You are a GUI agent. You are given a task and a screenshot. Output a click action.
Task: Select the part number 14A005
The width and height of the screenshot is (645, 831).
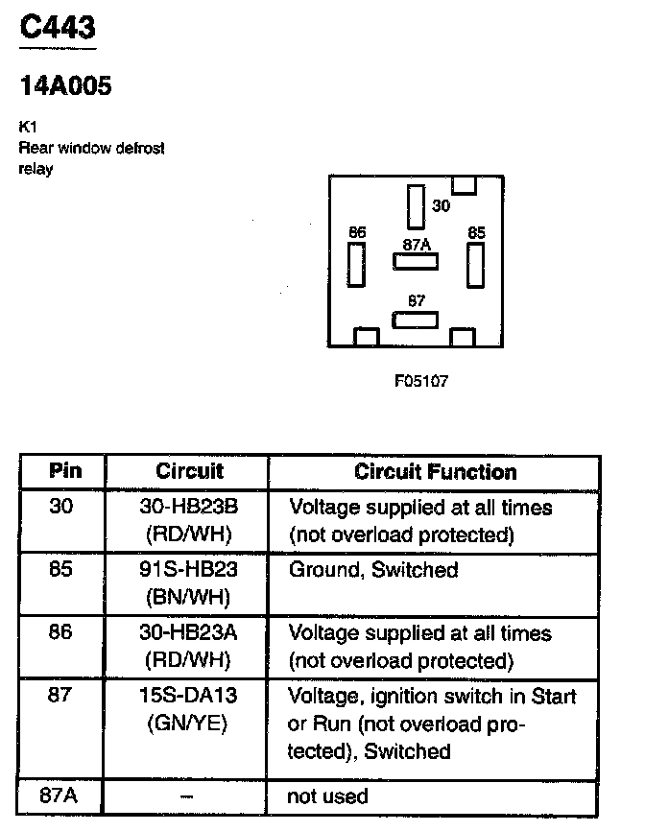(65, 86)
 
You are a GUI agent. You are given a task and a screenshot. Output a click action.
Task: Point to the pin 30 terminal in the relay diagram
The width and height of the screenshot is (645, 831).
(416, 204)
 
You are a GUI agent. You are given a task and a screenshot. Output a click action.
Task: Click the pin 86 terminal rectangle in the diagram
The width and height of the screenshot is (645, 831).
(357, 265)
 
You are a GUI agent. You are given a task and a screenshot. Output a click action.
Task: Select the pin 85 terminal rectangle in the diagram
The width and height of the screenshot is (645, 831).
(475, 265)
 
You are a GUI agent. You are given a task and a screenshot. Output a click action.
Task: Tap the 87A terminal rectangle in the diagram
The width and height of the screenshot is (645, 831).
(415, 260)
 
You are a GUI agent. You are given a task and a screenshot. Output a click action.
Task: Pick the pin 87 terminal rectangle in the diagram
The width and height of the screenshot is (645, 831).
(415, 320)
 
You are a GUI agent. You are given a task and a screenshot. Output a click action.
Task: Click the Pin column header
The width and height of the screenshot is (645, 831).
(65, 471)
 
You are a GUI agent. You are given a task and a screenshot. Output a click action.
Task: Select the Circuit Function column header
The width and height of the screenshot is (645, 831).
(435, 471)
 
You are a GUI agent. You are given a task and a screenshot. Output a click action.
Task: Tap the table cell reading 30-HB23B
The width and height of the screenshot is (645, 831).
(188, 506)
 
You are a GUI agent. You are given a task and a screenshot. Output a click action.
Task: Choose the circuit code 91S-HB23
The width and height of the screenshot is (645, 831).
(188, 569)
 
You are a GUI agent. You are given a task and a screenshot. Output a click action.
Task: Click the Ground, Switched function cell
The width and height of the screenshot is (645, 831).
(374, 569)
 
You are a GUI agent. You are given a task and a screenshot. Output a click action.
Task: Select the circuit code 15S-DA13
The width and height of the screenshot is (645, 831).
(188, 696)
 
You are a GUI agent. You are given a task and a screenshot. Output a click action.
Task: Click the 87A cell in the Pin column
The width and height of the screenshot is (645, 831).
(60, 795)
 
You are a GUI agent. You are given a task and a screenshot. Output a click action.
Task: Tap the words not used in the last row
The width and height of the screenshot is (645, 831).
(328, 796)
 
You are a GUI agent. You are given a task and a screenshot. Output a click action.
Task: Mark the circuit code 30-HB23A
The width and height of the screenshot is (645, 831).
(188, 632)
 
